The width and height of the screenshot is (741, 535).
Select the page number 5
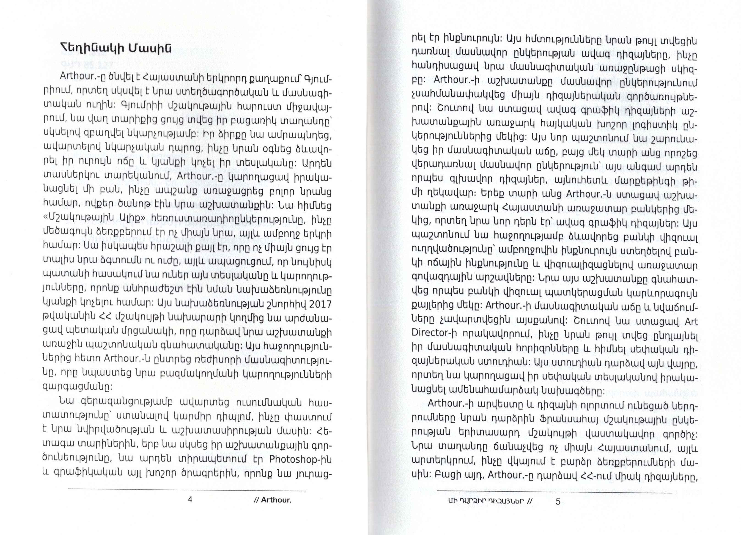558,501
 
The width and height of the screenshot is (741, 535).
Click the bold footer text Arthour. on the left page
276,500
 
